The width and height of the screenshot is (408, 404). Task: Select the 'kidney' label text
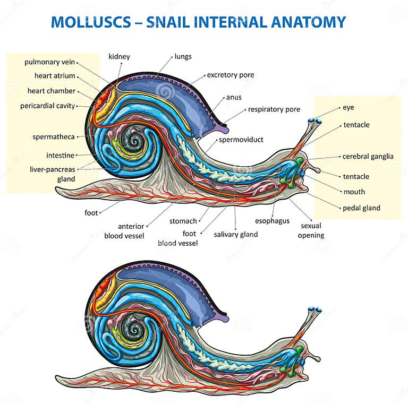click(119, 56)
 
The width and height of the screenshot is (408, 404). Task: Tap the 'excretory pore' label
click(230, 75)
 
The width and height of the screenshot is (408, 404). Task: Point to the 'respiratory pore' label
click(274, 109)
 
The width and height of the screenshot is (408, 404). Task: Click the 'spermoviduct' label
click(241, 140)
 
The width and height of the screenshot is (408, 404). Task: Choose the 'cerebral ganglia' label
click(368, 156)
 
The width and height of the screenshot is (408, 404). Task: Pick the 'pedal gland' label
click(361, 208)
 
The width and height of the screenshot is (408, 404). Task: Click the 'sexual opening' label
click(311, 230)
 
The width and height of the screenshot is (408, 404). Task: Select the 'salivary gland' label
click(236, 234)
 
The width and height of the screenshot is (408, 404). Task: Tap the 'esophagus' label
click(272, 220)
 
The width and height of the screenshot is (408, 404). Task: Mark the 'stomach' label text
click(183, 221)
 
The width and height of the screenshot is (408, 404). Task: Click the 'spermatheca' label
click(54, 136)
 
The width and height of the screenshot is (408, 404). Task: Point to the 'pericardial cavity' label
click(48, 106)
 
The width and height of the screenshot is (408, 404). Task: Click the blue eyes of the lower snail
click(316, 310)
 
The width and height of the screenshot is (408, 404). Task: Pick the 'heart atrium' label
click(55, 76)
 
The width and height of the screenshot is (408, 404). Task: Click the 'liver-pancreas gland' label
click(53, 174)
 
